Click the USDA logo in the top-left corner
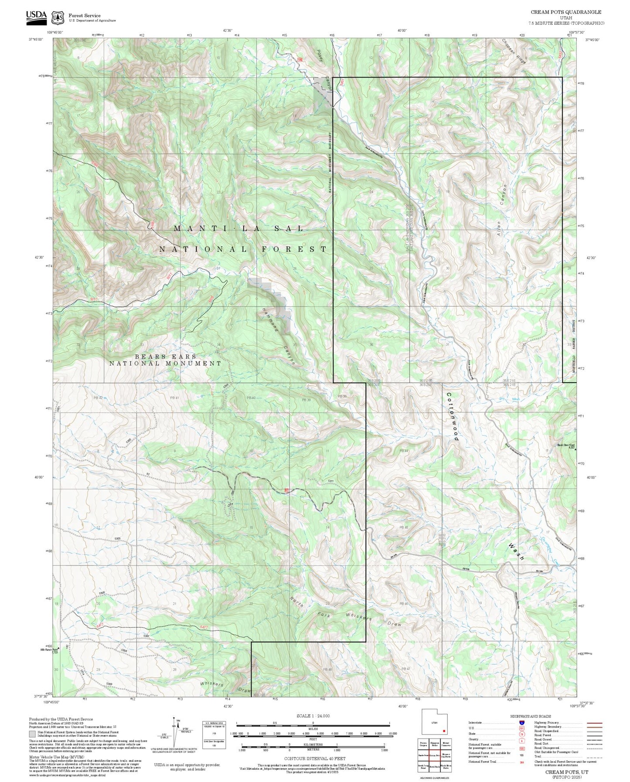[x=36, y=16]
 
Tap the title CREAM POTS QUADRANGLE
[x=565, y=12]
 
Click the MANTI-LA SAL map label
[x=238, y=228]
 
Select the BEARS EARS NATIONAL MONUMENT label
[x=165, y=360]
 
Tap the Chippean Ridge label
[x=515, y=52]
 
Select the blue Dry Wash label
[x=510, y=399]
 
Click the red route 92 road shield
[x=286, y=491]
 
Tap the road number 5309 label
[x=109, y=684]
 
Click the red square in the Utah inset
[x=443, y=731]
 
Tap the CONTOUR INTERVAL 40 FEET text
[x=314, y=758]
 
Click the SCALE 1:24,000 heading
[x=313, y=716]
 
